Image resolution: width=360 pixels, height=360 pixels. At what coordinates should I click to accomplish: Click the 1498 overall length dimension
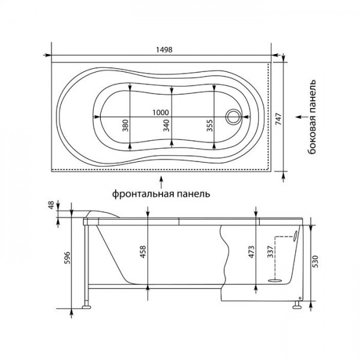tap(164, 50)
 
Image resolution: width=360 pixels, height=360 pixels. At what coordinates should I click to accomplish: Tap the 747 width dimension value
tap(278, 119)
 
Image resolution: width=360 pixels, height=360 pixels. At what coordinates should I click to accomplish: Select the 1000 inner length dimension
tap(161, 113)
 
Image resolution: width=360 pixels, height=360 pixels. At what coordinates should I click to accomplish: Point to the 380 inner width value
tap(125, 125)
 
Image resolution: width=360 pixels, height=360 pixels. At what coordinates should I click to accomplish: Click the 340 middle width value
tap(166, 125)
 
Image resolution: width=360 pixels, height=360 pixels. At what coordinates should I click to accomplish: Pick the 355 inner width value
tap(209, 125)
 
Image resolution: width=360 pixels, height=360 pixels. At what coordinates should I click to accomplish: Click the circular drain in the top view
tap(233, 116)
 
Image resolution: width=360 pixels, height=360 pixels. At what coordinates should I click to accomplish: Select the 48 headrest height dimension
tap(51, 205)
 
